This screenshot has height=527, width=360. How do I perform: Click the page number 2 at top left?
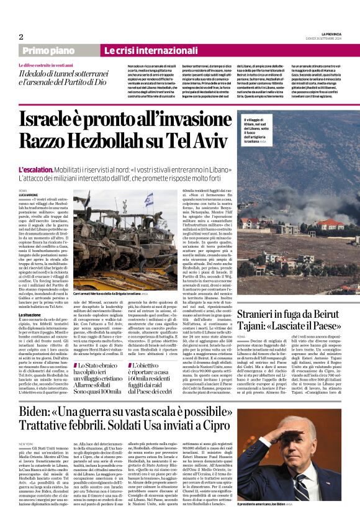coord(20,37)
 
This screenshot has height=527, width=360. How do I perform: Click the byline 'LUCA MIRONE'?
coord(29,195)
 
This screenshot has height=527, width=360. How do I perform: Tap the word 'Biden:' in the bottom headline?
coord(42,411)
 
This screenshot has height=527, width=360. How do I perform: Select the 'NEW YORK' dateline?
coord(26,444)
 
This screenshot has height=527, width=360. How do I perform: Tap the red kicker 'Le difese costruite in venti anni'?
coord(49,65)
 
